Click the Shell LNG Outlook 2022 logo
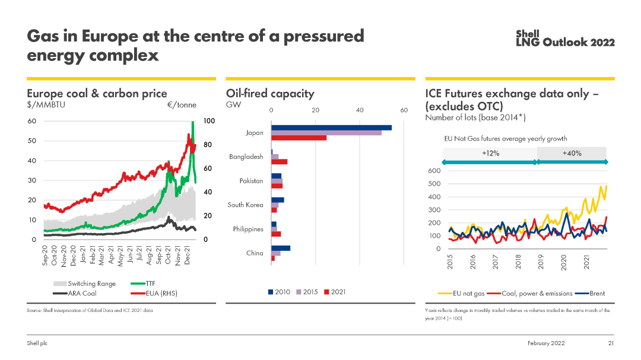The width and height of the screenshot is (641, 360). tap(564, 38)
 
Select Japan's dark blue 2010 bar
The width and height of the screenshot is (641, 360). tap(331, 128)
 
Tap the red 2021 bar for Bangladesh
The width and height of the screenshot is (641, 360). tap(280, 162)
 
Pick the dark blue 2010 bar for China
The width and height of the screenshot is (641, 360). tap(281, 248)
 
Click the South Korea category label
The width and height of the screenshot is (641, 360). tap(245, 205)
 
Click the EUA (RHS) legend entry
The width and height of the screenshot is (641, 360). tap(153, 293)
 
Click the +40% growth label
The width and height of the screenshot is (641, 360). tap(572, 153)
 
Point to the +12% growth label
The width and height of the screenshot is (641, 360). tap(490, 153)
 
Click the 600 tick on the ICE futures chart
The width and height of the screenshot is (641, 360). tap(434, 171)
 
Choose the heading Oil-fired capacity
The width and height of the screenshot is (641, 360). tap(270, 93)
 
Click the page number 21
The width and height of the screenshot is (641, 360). tap(610, 343)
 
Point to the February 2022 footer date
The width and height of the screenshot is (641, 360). tap(546, 343)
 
